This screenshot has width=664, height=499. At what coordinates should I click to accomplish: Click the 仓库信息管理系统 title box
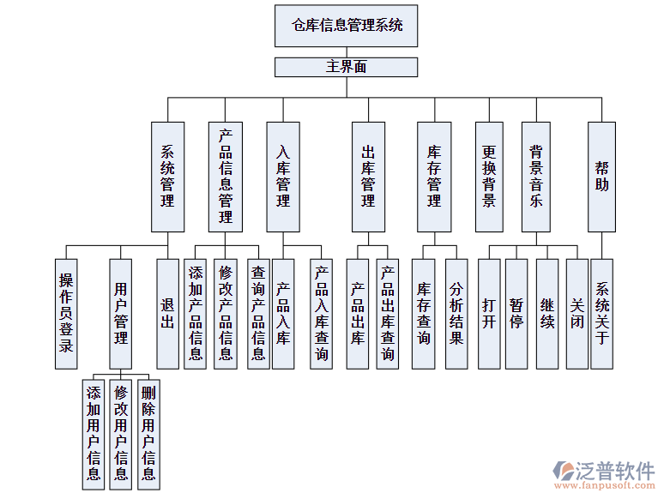pyautogui.click(x=347, y=26)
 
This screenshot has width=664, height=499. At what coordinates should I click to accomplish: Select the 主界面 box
pyautogui.click(x=347, y=67)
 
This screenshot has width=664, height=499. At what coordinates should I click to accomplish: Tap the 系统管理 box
pyautogui.click(x=167, y=177)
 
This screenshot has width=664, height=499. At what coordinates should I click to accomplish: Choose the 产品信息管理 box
pyautogui.click(x=226, y=177)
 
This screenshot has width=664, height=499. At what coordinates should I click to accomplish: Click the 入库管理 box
pyautogui.click(x=283, y=177)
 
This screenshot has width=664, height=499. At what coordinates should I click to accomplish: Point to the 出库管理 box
pyautogui.click(x=368, y=177)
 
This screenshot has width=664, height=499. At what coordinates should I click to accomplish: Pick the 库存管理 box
pyautogui.click(x=434, y=177)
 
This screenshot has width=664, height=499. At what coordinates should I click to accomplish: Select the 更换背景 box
pyautogui.click(x=489, y=177)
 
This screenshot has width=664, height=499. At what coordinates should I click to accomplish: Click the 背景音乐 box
pyautogui.click(x=536, y=177)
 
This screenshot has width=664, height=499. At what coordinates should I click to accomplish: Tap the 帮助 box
pyautogui.click(x=601, y=177)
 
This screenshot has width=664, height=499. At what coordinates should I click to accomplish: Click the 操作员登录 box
pyautogui.click(x=66, y=314)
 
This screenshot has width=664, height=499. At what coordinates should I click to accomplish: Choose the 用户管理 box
pyautogui.click(x=121, y=314)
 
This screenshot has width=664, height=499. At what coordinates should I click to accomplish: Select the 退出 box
pyautogui.click(x=167, y=314)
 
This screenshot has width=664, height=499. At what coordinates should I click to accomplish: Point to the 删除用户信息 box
pyautogui.click(x=148, y=432)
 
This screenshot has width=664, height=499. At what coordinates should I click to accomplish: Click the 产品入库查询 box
pyautogui.click(x=321, y=314)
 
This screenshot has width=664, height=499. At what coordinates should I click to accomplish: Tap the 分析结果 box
pyautogui.click(x=456, y=314)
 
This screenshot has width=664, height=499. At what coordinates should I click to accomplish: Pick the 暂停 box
pyautogui.click(x=516, y=305)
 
